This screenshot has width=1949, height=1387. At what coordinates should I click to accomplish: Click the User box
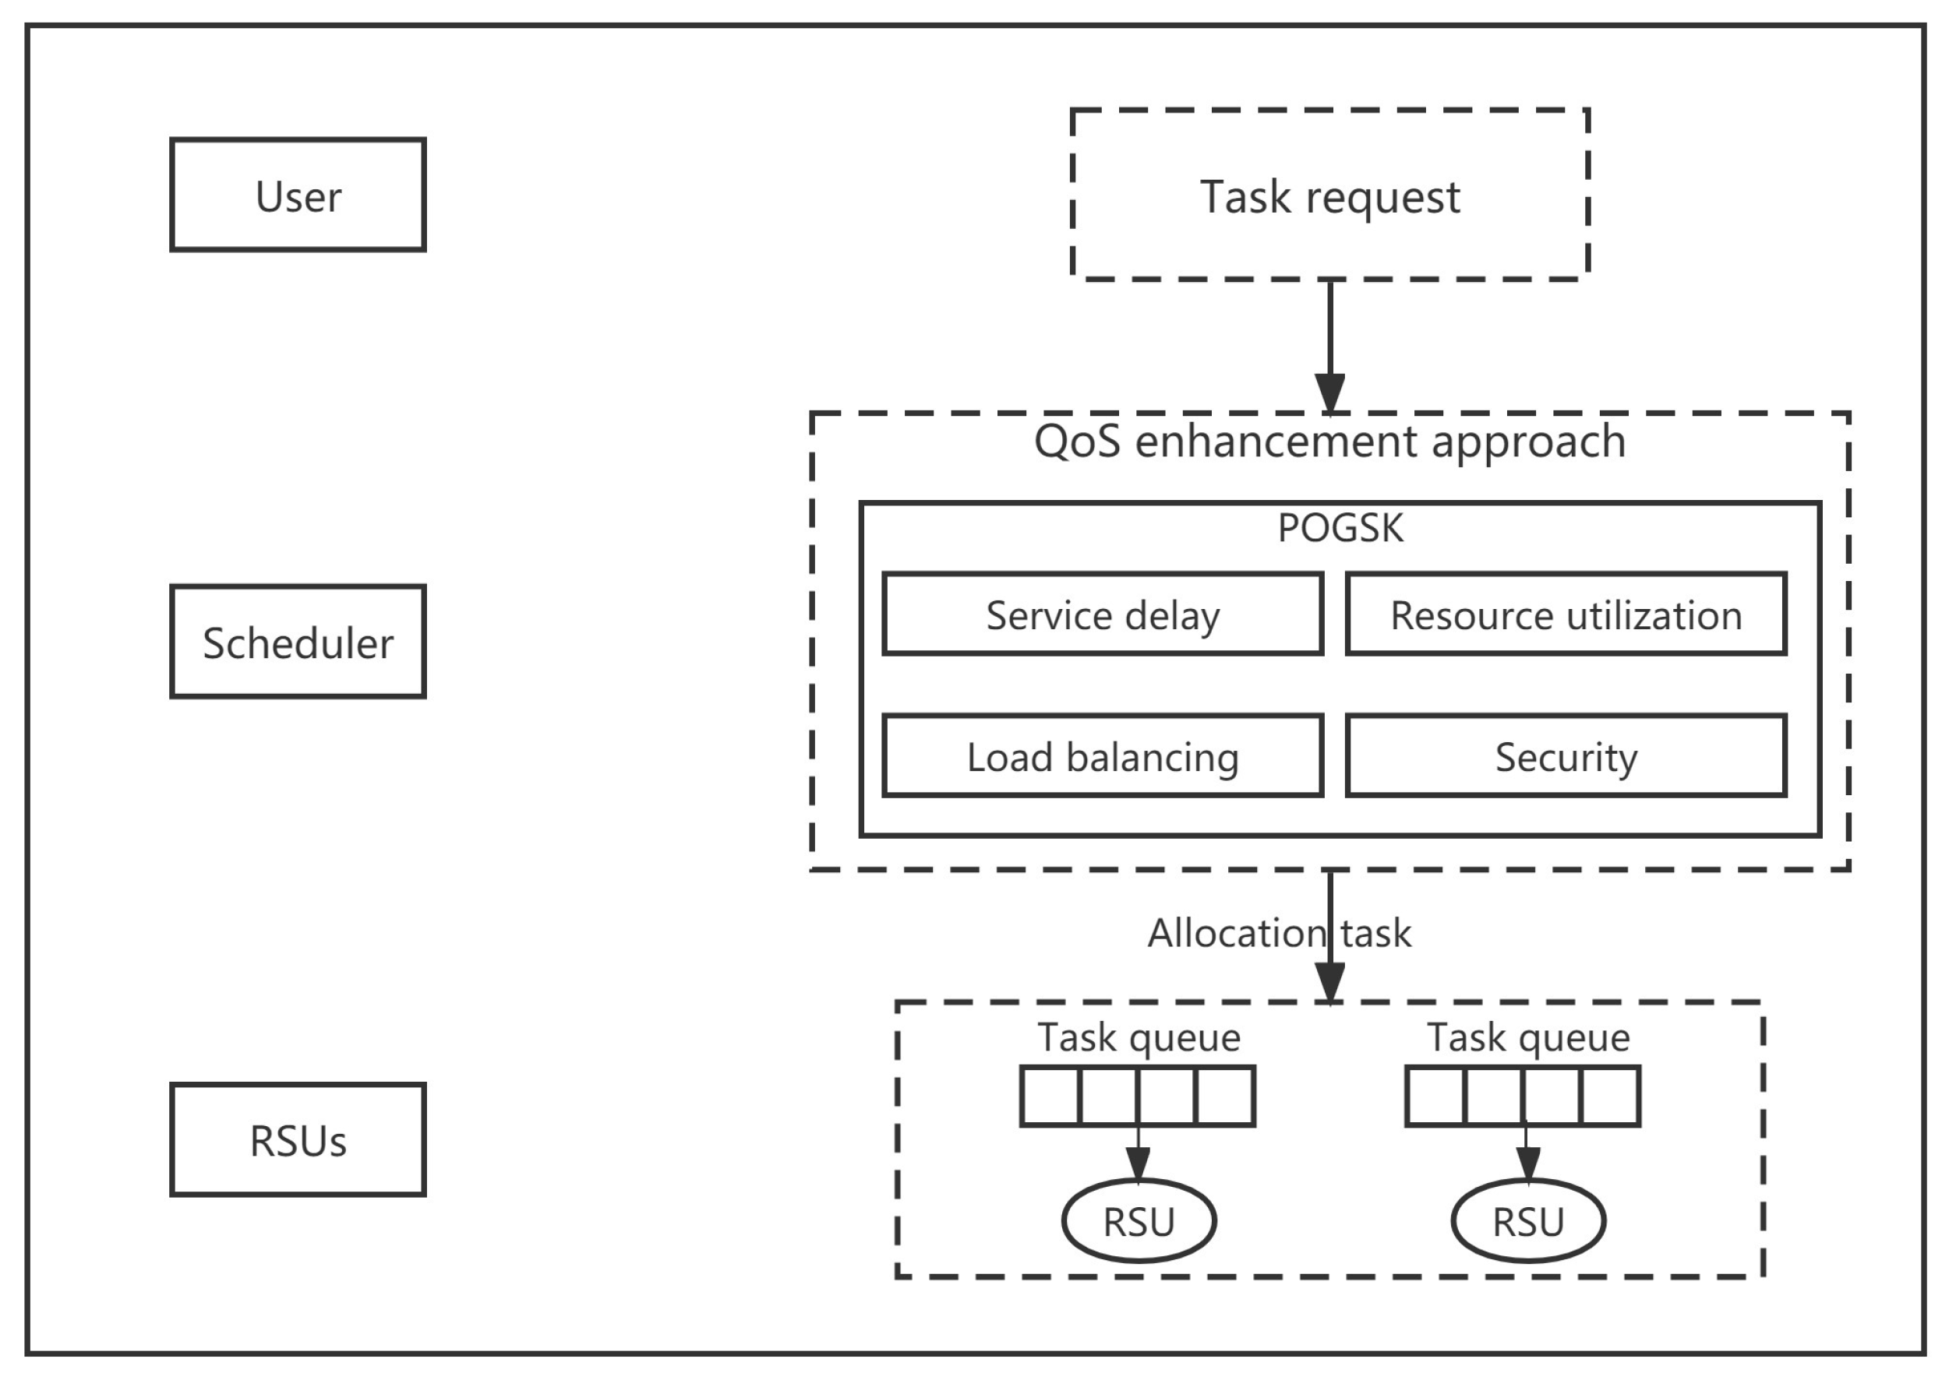298,195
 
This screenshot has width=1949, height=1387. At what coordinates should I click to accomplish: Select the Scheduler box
298,642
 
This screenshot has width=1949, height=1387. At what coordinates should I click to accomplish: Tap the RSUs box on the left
298,1140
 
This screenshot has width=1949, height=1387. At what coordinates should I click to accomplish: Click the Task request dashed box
1329,195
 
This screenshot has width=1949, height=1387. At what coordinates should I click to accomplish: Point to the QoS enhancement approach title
1329,442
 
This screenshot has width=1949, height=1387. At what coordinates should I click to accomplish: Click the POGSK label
1340,528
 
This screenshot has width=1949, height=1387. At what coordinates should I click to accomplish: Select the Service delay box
1102,615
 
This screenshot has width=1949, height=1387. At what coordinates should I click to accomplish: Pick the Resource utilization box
1566,615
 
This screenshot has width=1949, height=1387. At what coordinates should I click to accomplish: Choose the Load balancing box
1102,757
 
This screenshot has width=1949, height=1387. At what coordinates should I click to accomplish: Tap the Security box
1566,757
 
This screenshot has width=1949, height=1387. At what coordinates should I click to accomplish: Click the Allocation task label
1278,933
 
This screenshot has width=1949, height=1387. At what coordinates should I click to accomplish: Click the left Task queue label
1138,1037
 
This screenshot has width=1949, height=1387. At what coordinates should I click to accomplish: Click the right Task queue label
1527,1037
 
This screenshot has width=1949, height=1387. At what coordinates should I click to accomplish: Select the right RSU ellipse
1527,1221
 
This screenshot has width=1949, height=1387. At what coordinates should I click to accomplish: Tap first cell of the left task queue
1051,1096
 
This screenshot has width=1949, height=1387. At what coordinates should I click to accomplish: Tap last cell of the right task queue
1610,1096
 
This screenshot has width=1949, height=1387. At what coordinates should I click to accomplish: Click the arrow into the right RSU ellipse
1527,1163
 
